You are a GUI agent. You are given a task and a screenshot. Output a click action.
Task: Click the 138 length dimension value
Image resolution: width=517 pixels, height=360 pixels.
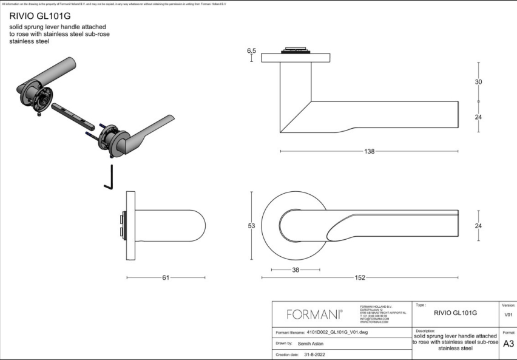point(369,151)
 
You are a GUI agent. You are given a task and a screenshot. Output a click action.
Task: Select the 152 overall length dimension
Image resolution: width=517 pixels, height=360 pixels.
point(359,277)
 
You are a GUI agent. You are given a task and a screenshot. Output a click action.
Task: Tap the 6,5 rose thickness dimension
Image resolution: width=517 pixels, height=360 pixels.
point(252,52)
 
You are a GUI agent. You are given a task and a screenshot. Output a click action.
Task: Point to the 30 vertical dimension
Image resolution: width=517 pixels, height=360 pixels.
point(479,82)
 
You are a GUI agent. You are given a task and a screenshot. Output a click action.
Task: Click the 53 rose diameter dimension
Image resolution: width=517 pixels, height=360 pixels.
point(251,226)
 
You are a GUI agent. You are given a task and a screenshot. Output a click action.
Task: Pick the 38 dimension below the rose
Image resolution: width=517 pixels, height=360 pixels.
point(296,270)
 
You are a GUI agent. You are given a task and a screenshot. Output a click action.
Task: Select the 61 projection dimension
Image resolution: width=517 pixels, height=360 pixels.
point(166,277)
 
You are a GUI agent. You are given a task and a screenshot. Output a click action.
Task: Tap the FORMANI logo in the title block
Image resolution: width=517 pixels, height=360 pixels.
point(314,314)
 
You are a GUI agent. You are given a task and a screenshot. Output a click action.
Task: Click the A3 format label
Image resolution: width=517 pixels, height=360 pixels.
point(509,343)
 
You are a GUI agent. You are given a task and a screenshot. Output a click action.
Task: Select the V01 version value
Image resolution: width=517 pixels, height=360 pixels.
point(509,315)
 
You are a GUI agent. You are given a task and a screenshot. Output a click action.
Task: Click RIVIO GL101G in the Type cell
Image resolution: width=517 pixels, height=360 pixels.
point(456,313)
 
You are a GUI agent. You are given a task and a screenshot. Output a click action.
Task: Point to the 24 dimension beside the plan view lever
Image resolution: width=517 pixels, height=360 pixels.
point(479,226)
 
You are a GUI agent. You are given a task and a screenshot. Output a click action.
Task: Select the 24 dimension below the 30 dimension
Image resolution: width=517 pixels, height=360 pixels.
point(479,117)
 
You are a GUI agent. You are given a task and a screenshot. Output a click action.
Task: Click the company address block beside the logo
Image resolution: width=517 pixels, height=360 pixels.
point(382,314)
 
